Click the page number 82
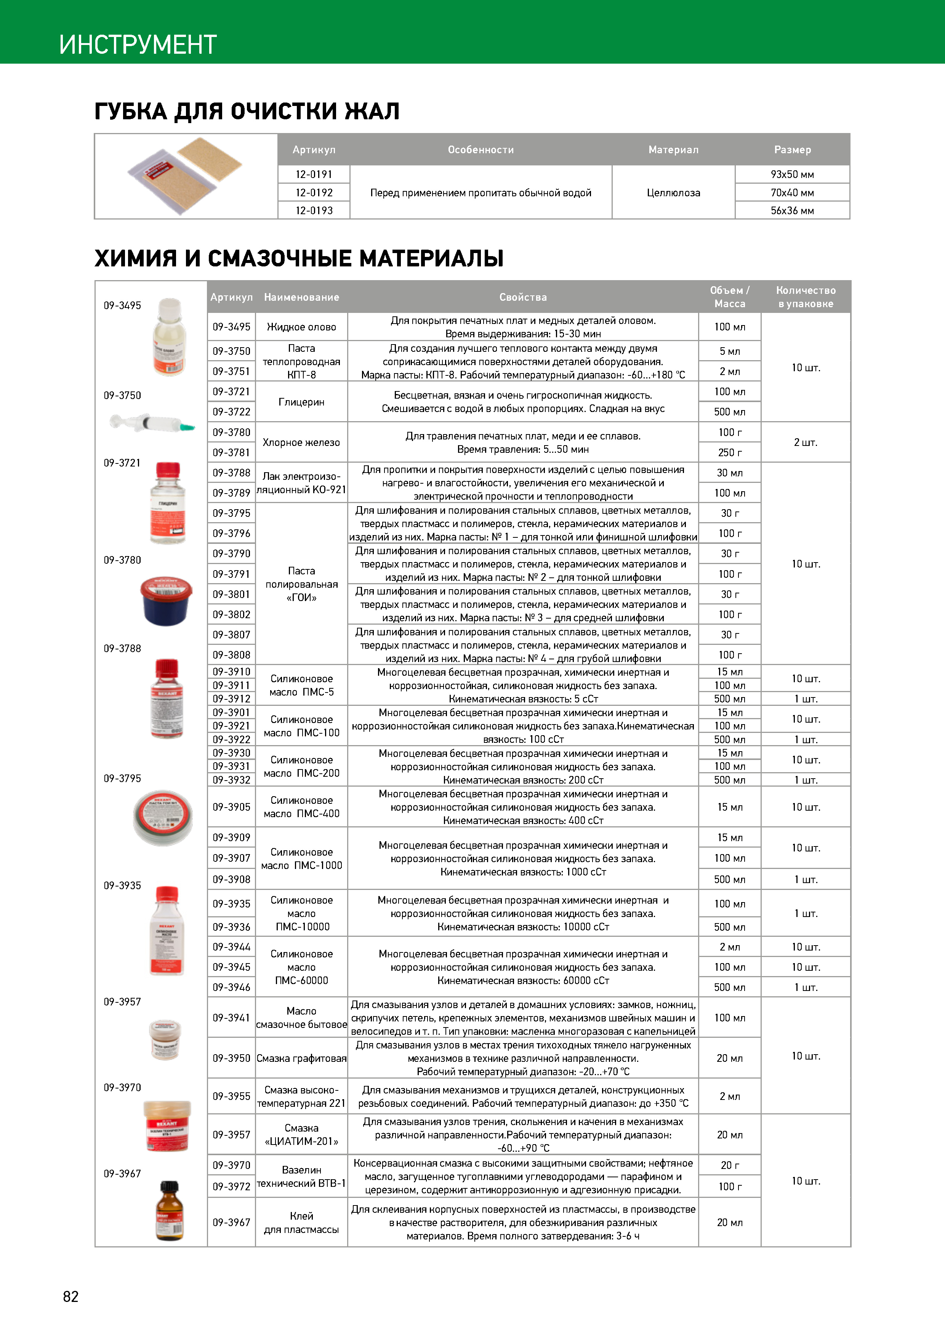pos(70,1296)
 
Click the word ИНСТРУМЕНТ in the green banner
pos(138,44)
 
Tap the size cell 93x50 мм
pos(792,174)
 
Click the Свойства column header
pos(523,297)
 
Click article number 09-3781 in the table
pos(231,452)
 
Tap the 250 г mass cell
pos(730,452)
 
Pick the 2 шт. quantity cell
pos(805,442)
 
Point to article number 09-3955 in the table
pos(231,1096)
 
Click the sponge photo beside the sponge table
pos(186,175)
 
